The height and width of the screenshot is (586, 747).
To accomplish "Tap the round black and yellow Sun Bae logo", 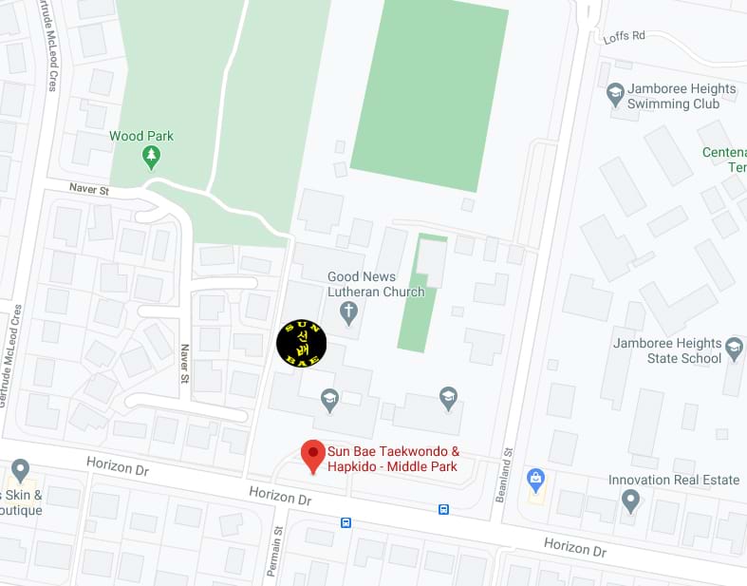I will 301,343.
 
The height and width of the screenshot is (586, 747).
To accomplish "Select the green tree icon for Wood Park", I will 150,155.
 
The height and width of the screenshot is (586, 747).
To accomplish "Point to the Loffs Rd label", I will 624,37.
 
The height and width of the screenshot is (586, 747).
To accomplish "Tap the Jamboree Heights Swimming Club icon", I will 615,93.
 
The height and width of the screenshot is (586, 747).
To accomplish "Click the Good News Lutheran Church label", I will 376,284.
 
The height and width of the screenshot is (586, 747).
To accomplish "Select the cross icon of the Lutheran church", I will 349,310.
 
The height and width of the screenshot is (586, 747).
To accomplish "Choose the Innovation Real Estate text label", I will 674,480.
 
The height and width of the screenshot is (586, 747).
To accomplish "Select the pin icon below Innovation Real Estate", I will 630,500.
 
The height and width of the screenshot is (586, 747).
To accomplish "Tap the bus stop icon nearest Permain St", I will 345,522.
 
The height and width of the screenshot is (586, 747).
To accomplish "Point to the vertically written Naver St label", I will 184,365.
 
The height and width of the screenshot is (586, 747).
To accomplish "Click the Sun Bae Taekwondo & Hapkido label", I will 393,459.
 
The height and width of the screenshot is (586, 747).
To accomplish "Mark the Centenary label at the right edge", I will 726,160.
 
